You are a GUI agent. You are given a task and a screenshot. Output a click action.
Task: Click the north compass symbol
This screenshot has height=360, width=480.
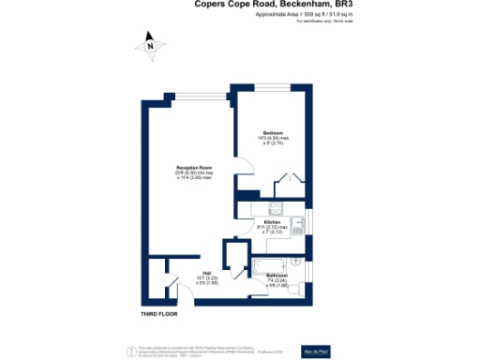[147, 42]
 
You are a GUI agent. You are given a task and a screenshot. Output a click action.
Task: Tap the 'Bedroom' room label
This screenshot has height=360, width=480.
[272, 132]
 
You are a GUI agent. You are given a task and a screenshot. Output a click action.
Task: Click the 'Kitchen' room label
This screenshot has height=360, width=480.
[274, 222]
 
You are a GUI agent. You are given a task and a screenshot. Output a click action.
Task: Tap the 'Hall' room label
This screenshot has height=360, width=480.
[206, 274]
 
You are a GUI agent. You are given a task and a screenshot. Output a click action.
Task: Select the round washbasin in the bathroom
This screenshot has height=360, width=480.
[296, 262]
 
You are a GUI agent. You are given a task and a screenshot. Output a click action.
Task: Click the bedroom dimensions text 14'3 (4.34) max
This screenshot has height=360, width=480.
[272, 139]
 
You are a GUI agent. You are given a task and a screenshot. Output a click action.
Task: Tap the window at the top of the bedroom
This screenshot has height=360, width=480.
[272, 91]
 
